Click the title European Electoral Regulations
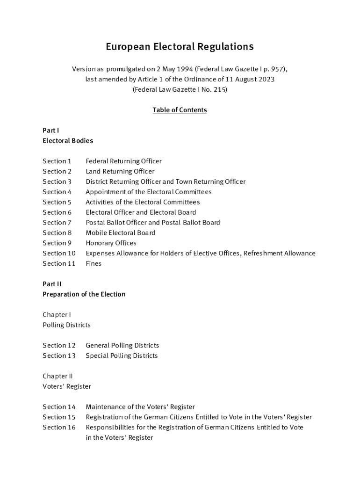pos(180,47)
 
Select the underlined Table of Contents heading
pos(180,110)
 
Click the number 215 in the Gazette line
pos(219,89)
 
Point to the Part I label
pos(50,131)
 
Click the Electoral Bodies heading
pos(68,141)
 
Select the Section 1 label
pos(57,161)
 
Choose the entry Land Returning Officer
pos(120,172)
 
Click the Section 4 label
pos(57,192)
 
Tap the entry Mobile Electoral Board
pos(120,233)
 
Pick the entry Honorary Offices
pos(111,243)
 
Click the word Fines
pos(94,264)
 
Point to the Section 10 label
pos(59,254)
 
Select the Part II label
pos(52,284)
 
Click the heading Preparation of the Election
pos(84,294)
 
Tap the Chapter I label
pos(57,315)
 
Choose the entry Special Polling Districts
pos(122,356)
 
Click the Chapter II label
pos(58,376)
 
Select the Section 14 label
pos(59,407)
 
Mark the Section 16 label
pos(59,428)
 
